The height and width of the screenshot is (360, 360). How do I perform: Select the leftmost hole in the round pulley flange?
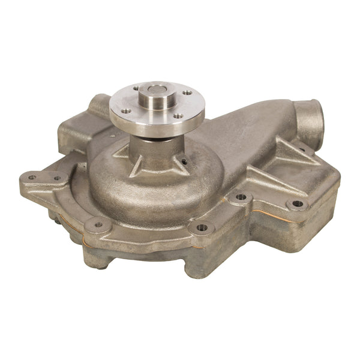[x=125, y=111]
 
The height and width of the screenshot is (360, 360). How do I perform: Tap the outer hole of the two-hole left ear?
[x=31, y=177]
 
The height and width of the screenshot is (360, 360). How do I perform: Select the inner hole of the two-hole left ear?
[x=58, y=178]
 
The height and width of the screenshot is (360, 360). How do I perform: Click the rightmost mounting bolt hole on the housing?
[x=297, y=204]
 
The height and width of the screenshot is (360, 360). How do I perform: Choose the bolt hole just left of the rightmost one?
[x=241, y=197]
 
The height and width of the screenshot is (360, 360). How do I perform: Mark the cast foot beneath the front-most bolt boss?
[x=198, y=264]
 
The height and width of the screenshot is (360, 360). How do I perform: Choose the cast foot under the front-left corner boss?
[x=96, y=255]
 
